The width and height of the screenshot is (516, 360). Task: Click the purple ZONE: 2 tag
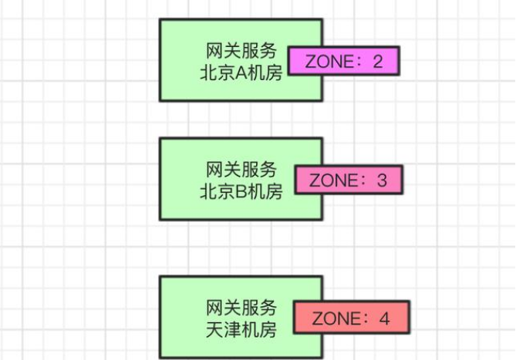point(343,61)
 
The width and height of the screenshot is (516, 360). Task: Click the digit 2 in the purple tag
point(376,61)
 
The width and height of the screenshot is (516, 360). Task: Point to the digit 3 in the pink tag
point(382,181)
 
